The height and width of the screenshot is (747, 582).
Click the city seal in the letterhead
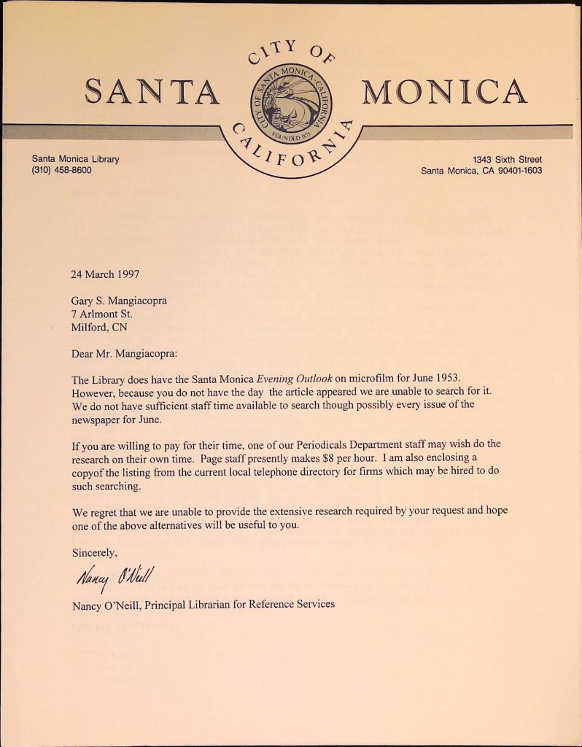click(290, 104)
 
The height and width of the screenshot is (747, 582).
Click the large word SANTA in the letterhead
click(152, 92)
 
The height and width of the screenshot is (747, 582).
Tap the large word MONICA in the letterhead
click(444, 92)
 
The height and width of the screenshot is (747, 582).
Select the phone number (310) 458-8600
click(61, 171)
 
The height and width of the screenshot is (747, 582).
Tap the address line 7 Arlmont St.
click(101, 314)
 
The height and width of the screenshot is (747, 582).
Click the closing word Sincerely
click(94, 552)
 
